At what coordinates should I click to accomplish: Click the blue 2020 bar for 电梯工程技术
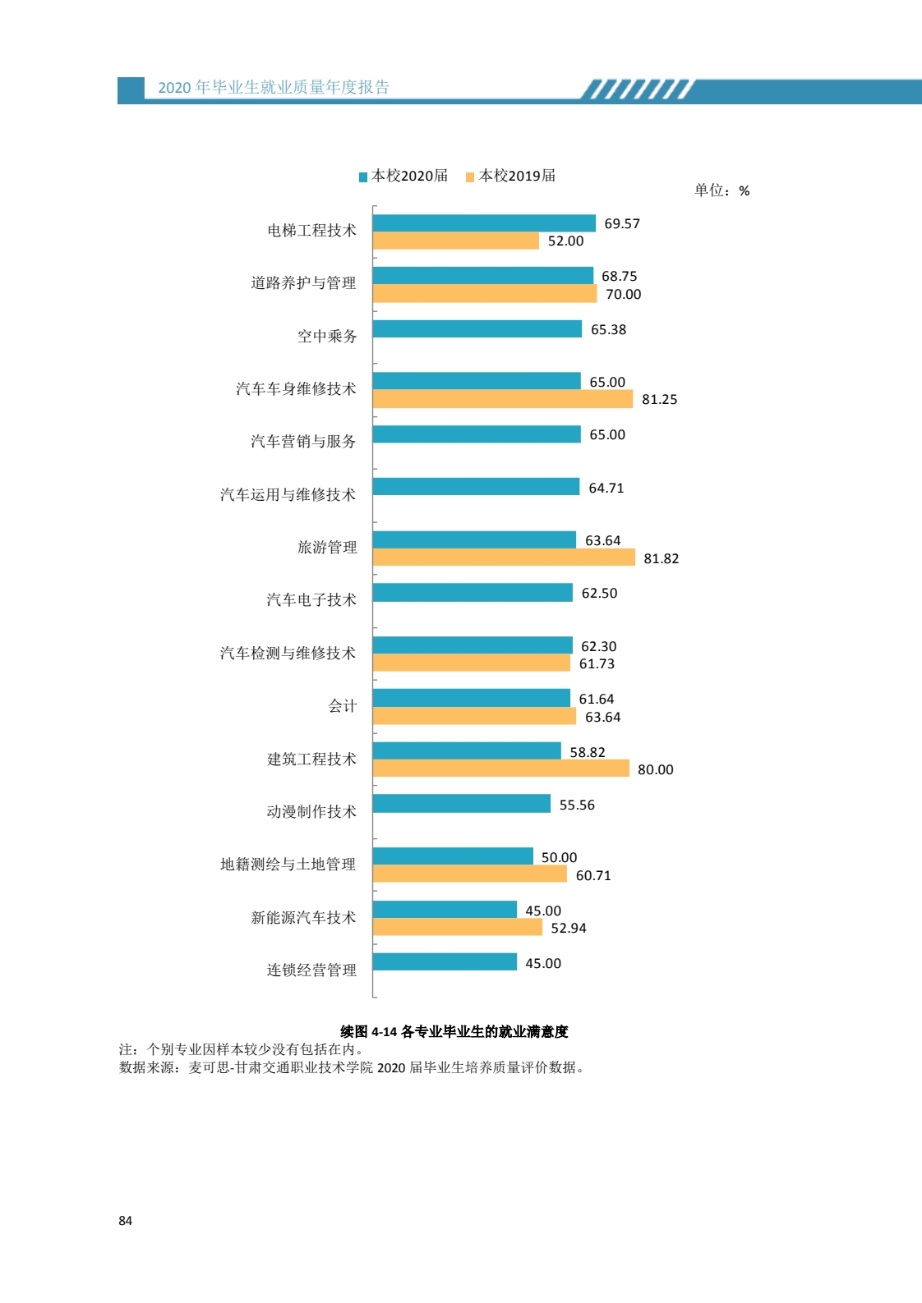tap(484, 223)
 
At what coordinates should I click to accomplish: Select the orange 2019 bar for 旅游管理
tap(504, 557)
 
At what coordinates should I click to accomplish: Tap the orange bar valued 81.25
tap(502, 399)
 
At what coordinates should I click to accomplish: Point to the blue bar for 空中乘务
tap(477, 329)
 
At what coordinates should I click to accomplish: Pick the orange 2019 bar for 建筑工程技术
tap(500, 768)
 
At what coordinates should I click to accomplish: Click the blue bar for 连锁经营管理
tap(445, 962)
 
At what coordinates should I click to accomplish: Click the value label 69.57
tap(622, 224)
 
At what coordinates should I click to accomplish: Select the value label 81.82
tap(662, 558)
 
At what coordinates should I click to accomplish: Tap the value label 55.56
tap(577, 805)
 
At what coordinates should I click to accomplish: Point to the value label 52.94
tap(569, 928)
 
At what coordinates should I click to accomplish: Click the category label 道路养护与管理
tap(303, 283)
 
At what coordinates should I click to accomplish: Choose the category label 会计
tap(342, 706)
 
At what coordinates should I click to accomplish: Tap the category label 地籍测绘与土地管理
tap(288, 865)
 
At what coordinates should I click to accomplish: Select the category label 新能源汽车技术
tap(303, 917)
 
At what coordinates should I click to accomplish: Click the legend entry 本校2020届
tap(403, 176)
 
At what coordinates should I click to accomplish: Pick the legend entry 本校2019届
tap(511, 176)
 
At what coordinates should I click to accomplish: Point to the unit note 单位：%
tap(721, 190)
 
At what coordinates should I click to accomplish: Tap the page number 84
tap(125, 1221)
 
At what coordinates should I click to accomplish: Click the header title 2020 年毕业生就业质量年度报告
tap(274, 88)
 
